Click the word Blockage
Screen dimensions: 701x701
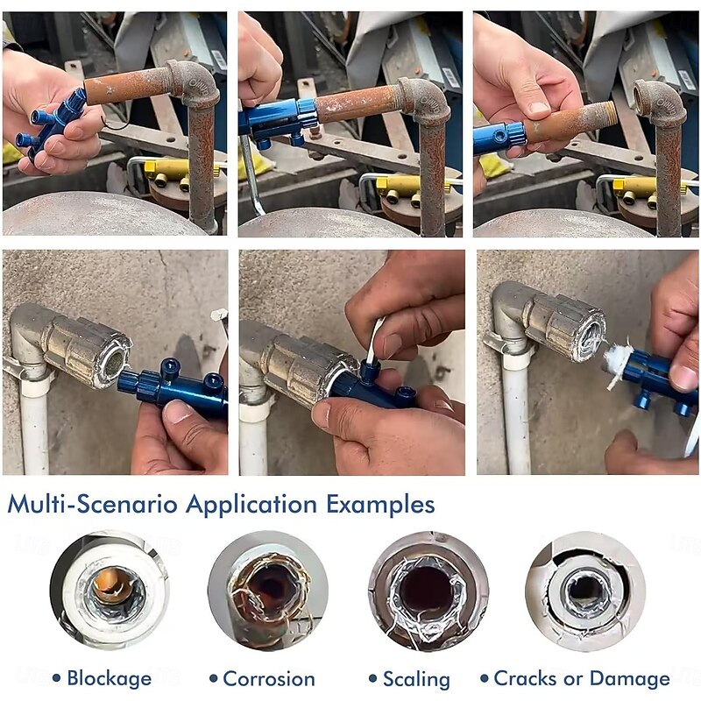[109, 678]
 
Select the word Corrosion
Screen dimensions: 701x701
[269, 678]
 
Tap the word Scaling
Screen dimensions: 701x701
[416, 679]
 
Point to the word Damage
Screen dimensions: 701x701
[629, 678]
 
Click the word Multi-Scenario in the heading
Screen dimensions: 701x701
[93, 504]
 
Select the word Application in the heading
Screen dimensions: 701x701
[251, 505]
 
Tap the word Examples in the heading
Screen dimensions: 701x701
[380, 505]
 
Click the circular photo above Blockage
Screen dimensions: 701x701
[110, 590]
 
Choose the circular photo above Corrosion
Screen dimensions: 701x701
[268, 590]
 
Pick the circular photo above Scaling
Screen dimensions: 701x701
[428, 590]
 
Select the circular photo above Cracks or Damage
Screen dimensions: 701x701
[585, 590]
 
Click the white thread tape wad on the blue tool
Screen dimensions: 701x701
[616, 362]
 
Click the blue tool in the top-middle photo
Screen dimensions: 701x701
[278, 121]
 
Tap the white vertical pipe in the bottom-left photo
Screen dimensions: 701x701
[34, 429]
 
